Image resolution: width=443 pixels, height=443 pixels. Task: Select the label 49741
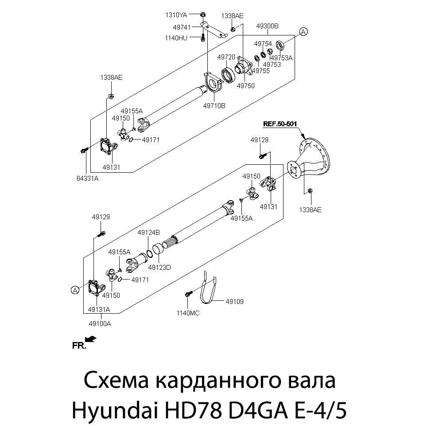[182, 27]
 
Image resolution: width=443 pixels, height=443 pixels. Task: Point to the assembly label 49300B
[268, 26]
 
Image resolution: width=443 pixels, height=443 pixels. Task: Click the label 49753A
[282, 58]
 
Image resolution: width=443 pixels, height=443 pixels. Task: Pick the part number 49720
[226, 58]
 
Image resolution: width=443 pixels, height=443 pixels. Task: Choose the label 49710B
[214, 106]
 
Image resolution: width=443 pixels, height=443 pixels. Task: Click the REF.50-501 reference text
[280, 124]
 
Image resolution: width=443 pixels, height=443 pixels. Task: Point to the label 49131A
[99, 309]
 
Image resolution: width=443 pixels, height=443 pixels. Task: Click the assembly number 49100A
[100, 323]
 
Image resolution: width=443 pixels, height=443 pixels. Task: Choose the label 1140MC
[188, 313]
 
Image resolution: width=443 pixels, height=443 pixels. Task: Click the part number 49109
[234, 302]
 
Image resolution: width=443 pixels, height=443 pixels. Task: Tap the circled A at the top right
[303, 31]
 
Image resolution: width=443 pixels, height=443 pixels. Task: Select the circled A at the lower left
[75, 290]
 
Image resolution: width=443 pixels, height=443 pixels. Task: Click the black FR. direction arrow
[90, 339]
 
